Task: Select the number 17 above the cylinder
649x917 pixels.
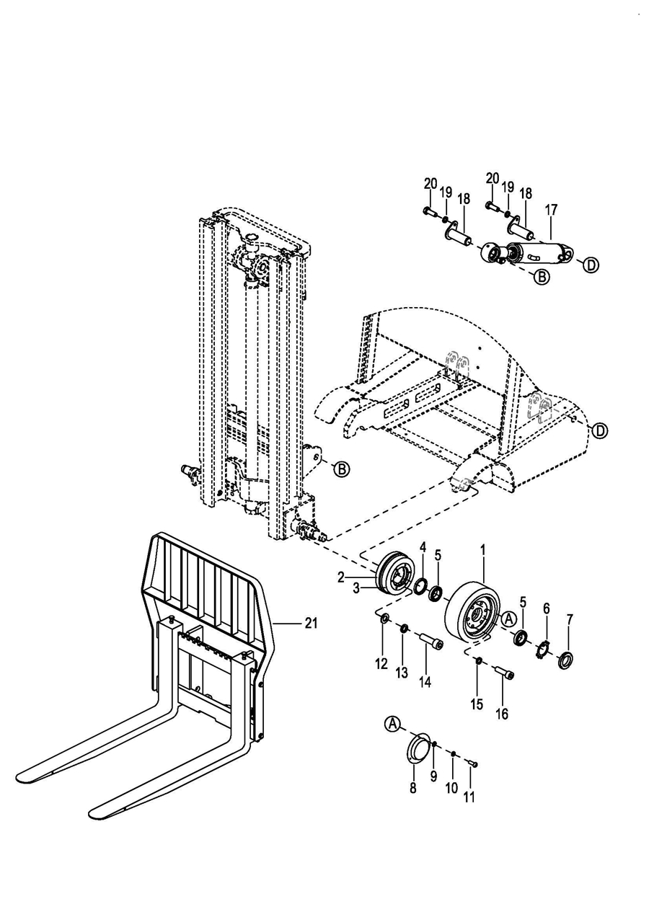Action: [x=552, y=210]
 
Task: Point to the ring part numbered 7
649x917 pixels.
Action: [x=566, y=659]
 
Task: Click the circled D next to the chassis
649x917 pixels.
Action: [x=600, y=430]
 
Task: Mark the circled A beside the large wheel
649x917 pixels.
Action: [x=508, y=619]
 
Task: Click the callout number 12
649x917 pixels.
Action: [x=381, y=664]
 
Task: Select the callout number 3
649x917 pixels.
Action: [x=356, y=588]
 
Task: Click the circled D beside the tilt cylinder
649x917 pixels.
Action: [x=591, y=265]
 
